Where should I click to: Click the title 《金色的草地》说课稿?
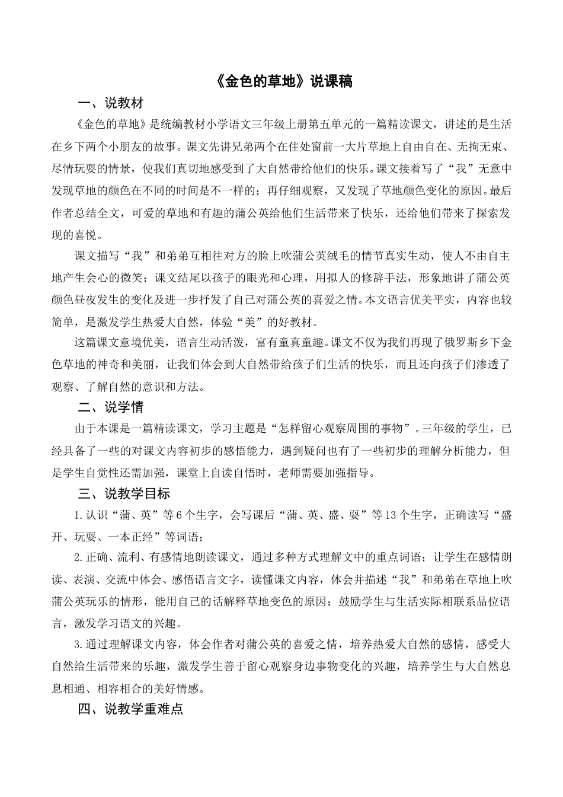pos(281,82)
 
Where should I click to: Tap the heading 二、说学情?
pos(111,407)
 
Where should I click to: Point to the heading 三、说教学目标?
pos(124,493)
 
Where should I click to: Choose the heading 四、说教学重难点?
pos(131,709)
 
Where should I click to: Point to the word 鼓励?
pos(352,601)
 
